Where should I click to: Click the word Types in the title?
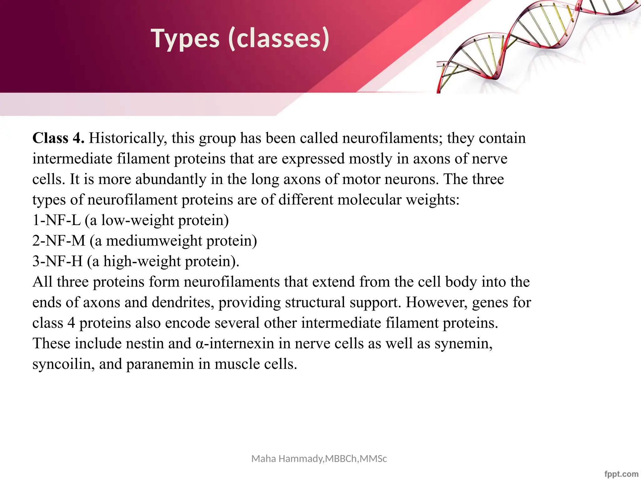click(x=185, y=39)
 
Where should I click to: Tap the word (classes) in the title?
click(x=279, y=39)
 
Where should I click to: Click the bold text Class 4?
click(x=58, y=138)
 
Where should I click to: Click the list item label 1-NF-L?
click(x=56, y=220)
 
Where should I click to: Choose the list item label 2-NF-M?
click(x=59, y=241)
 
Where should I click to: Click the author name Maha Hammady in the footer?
click(x=287, y=459)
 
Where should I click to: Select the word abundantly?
click(x=171, y=179)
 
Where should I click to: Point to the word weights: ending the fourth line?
click(x=433, y=200)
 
